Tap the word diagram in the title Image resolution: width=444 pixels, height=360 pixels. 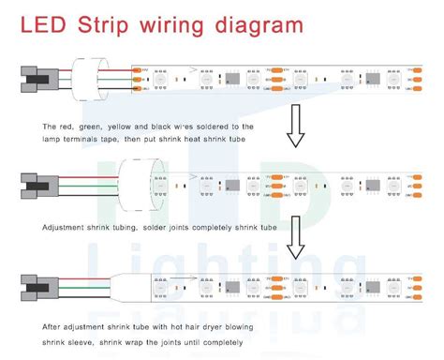tap(259, 22)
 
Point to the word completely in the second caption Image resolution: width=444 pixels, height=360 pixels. tap(209, 228)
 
